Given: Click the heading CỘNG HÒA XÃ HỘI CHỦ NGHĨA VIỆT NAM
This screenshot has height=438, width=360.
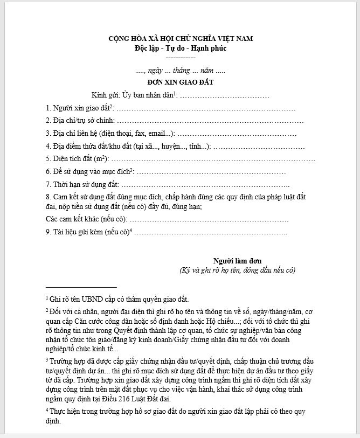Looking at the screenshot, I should coord(181,38).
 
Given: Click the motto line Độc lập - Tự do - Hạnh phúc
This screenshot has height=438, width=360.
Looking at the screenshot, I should coord(181,48).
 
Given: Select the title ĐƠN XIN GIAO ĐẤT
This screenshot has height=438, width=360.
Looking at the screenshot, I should coord(181,82).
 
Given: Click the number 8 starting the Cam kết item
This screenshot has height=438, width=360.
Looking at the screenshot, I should coord(48,197).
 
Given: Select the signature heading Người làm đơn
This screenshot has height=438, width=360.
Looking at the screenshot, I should coord(237,260).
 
